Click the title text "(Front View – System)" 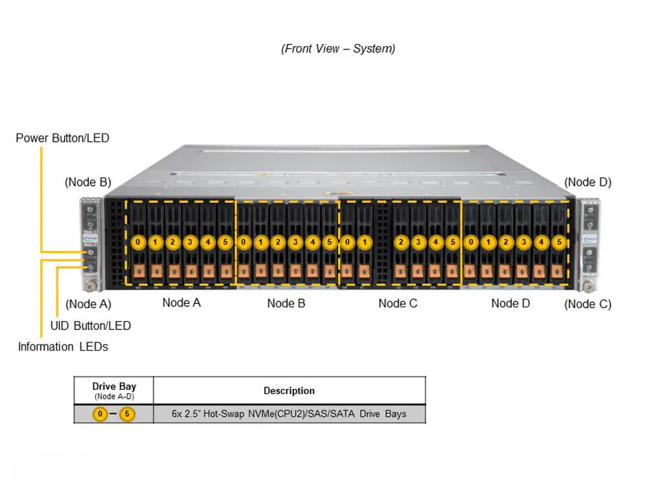coord(337,49)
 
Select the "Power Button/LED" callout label coord(63,138)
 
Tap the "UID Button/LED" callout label coord(90,325)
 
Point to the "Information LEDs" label coord(63,346)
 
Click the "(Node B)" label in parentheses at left coord(87,182)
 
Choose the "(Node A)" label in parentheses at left coord(87,304)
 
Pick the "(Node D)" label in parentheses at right coord(587,182)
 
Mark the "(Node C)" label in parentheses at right coord(587,304)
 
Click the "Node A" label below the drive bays coord(181,302)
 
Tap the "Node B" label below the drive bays coord(286,303)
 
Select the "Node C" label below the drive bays coord(397,303)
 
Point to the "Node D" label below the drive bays coord(510,303)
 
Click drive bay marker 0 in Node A coord(138,242)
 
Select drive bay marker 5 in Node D coord(558,242)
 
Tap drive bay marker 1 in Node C coord(365,242)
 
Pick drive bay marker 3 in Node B coord(295,242)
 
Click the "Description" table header coord(288,390)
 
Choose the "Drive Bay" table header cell coord(114,387)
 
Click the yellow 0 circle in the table coord(101,414)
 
